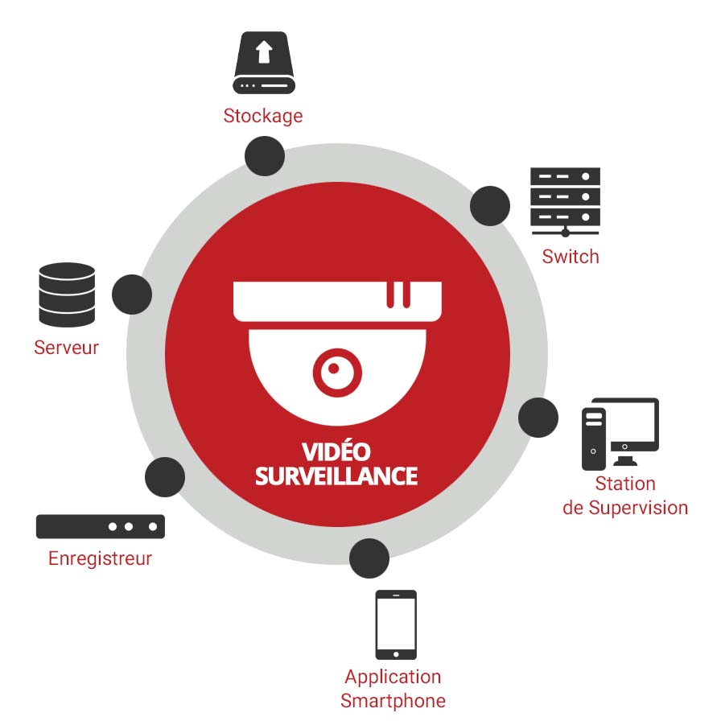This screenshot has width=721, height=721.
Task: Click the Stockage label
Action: point(263,116)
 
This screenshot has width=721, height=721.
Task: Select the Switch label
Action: point(571,257)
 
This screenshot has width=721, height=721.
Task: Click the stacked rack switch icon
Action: point(566,200)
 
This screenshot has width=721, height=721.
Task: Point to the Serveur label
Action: point(66,348)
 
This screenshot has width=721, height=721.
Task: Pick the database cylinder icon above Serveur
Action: point(67,295)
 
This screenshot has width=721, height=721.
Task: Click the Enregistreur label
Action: point(100,558)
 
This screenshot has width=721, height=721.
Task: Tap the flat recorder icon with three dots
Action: point(101,526)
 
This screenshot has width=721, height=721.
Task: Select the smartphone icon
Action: point(396,624)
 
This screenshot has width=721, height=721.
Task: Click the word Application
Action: point(393,677)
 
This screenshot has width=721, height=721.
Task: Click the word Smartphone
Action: point(393,701)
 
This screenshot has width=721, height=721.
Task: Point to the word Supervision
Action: point(638,508)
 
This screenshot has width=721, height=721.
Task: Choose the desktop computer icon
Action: point(620,434)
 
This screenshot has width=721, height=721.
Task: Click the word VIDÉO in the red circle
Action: point(336,451)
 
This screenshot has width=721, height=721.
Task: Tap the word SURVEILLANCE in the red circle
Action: point(336,476)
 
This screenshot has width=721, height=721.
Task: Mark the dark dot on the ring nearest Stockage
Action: point(264,155)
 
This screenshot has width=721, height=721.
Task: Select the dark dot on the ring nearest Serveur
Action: point(132,295)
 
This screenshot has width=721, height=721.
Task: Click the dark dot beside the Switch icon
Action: point(490,206)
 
